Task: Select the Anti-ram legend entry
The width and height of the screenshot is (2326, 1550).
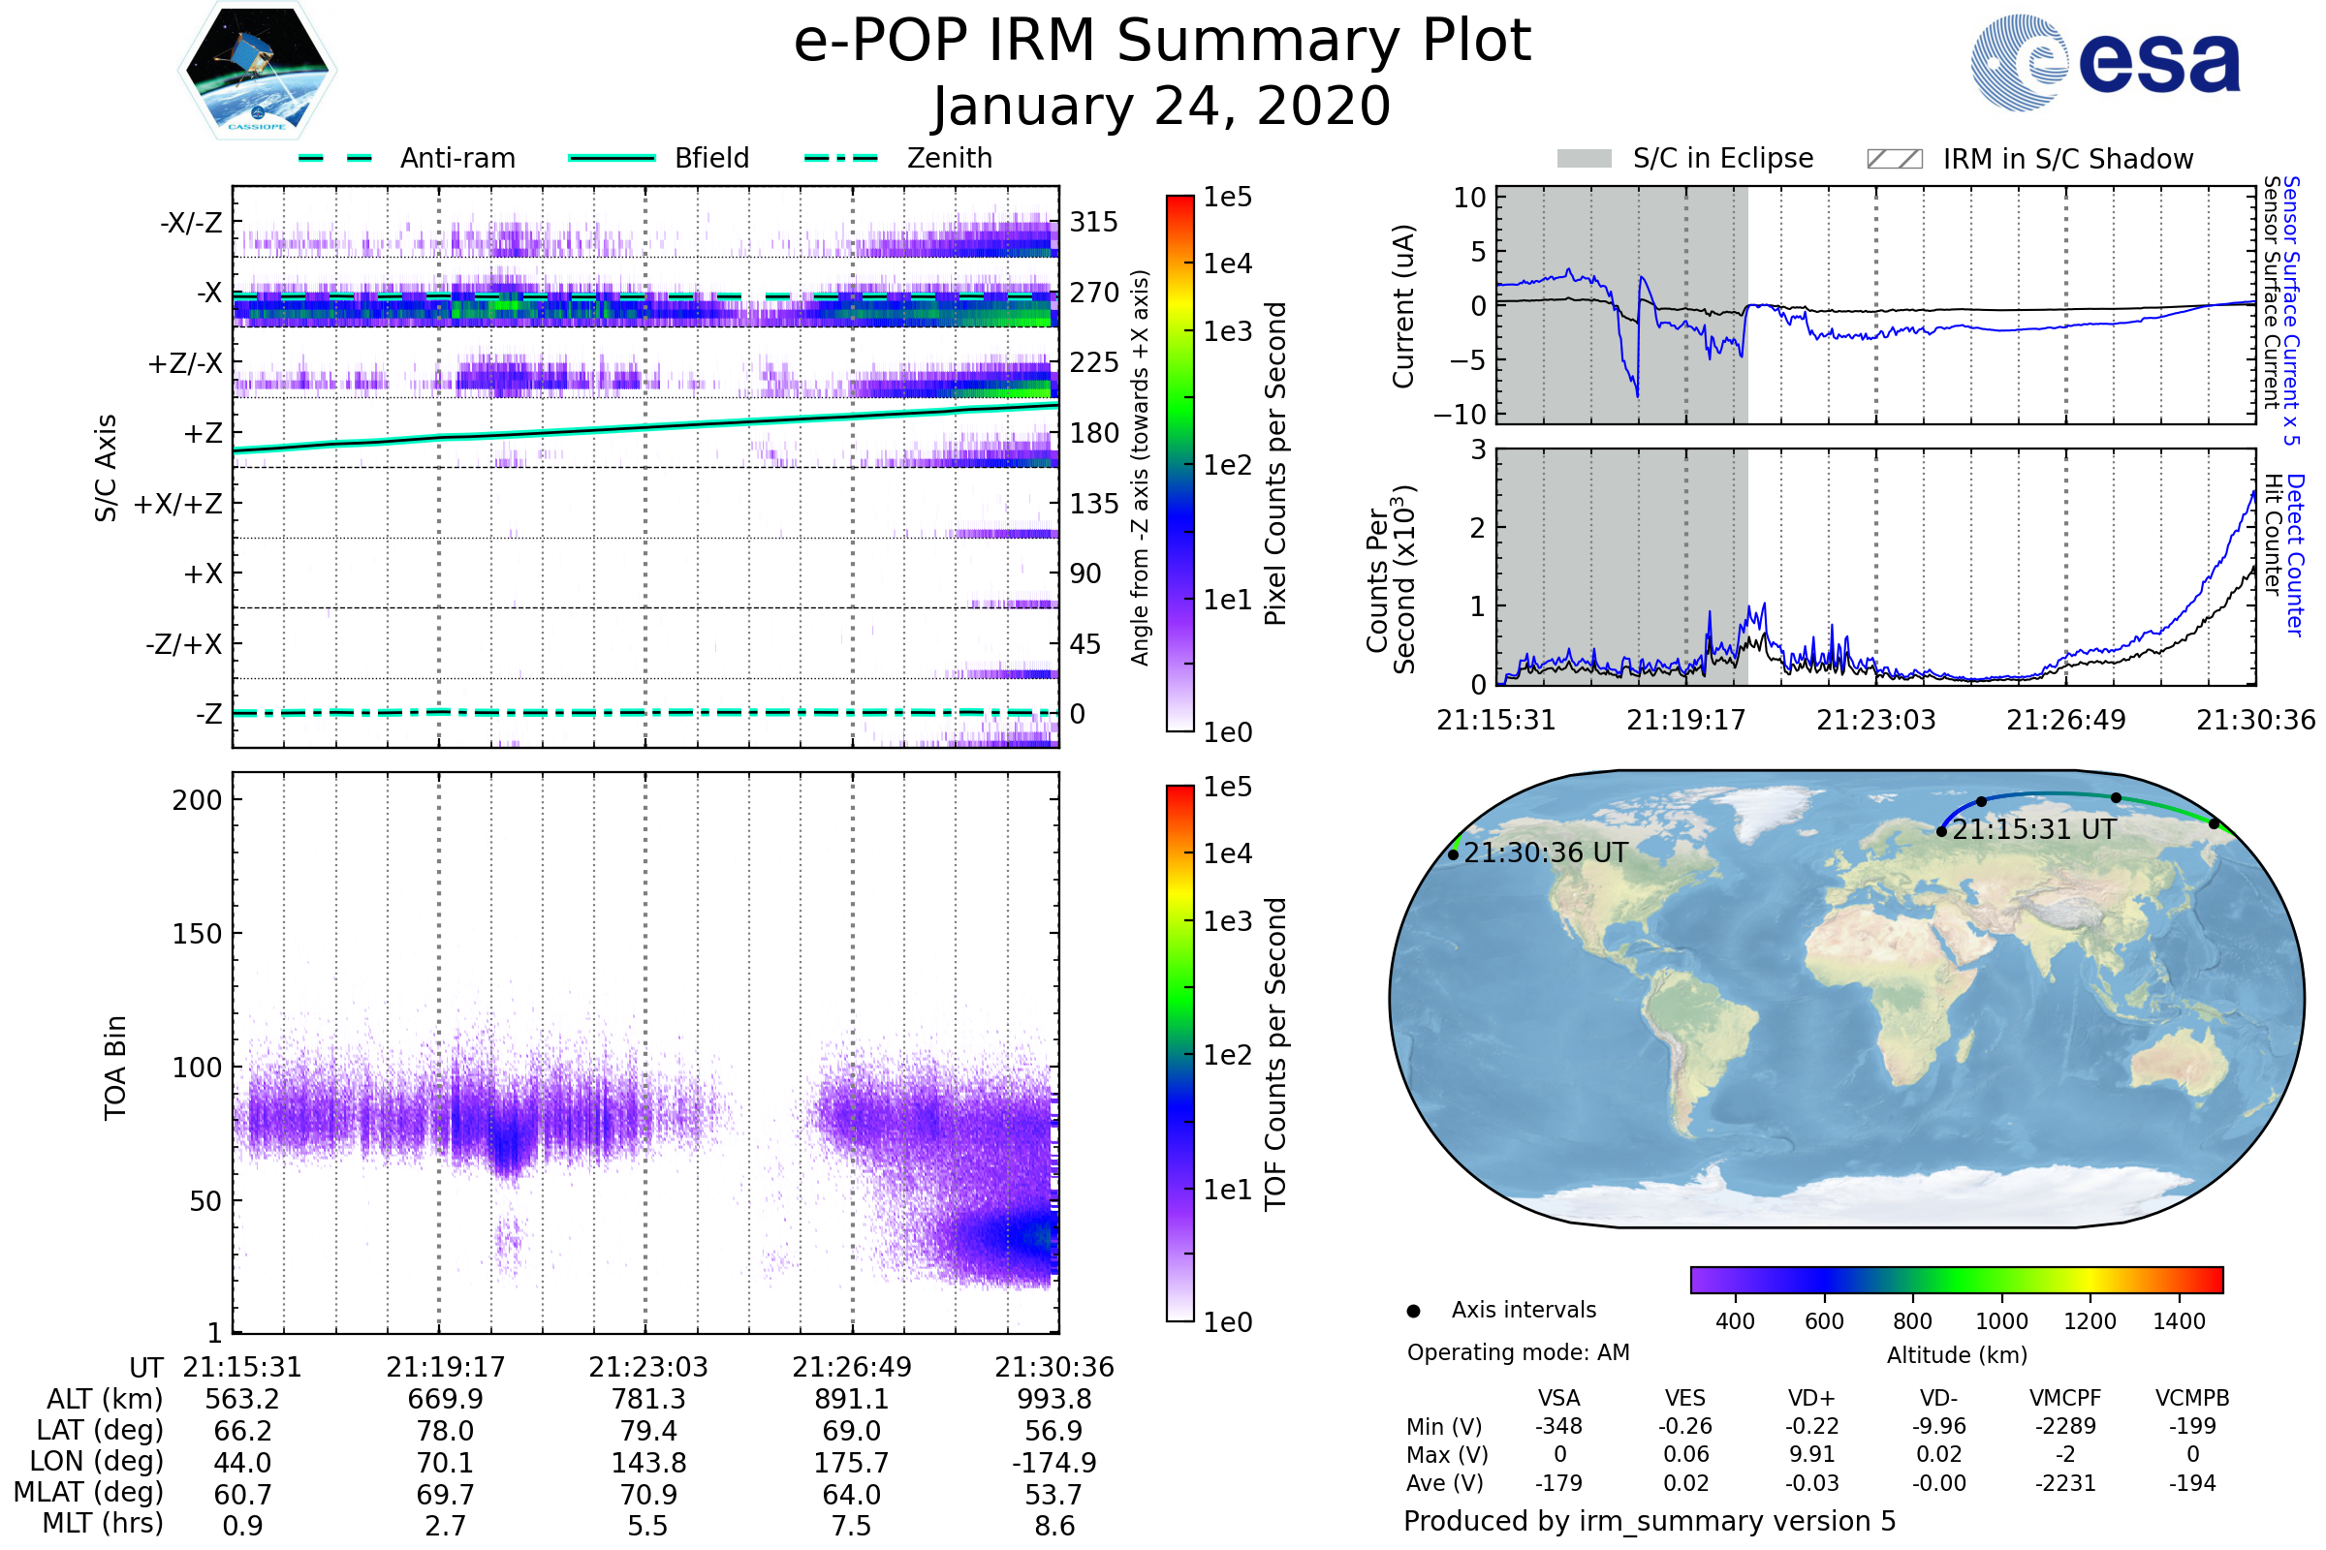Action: pyautogui.click(x=407, y=158)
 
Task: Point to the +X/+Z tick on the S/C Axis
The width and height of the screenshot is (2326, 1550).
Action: pyautogui.click(x=178, y=504)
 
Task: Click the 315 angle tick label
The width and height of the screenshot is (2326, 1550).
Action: pyautogui.click(x=1093, y=222)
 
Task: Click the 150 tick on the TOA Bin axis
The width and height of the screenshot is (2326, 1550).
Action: pyautogui.click(x=197, y=934)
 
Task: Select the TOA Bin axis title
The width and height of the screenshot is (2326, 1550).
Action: pyautogui.click(x=115, y=1068)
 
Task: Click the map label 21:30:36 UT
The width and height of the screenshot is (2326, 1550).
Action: pyautogui.click(x=1545, y=853)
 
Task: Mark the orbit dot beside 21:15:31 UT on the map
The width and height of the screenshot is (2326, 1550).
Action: pyautogui.click(x=1941, y=832)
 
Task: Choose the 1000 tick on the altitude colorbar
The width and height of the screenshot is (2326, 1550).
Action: pyautogui.click(x=2000, y=1321)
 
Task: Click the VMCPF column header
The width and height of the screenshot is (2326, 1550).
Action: pyautogui.click(x=2065, y=1399)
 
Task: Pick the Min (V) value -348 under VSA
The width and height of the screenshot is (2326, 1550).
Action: pyautogui.click(x=1558, y=1426)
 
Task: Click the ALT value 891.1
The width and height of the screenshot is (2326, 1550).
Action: pyautogui.click(x=852, y=1400)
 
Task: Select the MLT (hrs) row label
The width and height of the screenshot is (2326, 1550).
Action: pyautogui.click(x=102, y=1523)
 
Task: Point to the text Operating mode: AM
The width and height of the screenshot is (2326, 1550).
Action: pyautogui.click(x=1518, y=1352)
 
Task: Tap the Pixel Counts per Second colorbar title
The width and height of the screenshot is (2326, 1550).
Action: pyautogui.click(x=1275, y=464)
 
